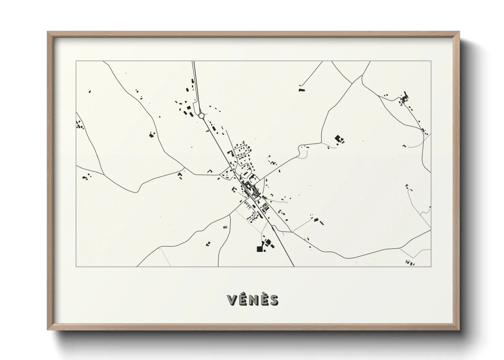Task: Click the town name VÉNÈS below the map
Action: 253,300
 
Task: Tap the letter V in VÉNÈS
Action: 232,300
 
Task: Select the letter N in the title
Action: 253,300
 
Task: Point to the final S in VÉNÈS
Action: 273,300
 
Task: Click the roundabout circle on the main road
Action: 201,116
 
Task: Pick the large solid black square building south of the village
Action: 260,249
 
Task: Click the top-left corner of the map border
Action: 76,61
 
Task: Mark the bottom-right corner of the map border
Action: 431,266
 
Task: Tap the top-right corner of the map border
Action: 431,61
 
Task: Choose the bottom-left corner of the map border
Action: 76,266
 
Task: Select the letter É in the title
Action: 243,300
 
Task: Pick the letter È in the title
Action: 263,300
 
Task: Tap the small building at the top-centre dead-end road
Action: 301,89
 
